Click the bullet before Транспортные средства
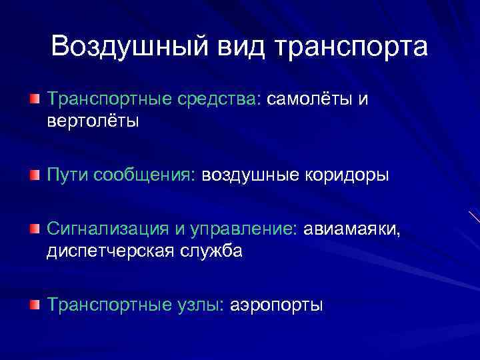click(x=34, y=100)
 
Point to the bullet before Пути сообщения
click(x=34, y=175)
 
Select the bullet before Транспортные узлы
click(x=34, y=305)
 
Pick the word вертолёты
click(x=93, y=121)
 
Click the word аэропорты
click(x=276, y=305)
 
